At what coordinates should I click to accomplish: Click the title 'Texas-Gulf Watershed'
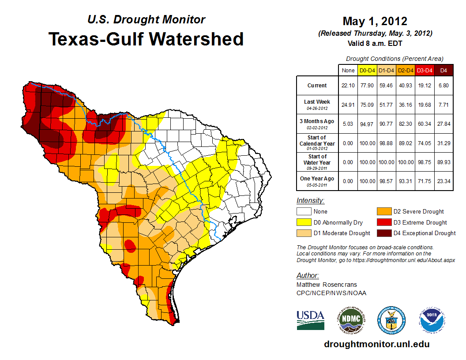tap(146, 39)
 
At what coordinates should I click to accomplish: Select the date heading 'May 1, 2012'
tap(375, 21)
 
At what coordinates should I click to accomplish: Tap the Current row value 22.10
tap(348, 86)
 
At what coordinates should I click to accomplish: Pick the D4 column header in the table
tap(444, 70)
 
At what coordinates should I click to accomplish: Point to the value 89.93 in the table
tap(444, 162)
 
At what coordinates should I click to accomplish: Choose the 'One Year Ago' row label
tap(317, 179)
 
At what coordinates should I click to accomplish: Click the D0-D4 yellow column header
tap(367, 70)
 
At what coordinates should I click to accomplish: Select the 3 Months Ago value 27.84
tap(444, 124)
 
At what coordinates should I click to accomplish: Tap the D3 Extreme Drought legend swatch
tap(383, 222)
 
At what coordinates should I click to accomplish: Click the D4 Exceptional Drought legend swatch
tap(383, 233)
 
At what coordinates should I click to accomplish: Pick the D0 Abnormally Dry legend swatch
tap(304, 222)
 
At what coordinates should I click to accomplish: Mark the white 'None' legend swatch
tap(304, 212)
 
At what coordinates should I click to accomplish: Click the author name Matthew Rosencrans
tap(327, 285)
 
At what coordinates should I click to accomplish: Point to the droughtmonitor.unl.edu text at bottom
tap(376, 344)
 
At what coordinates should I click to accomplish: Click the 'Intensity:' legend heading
tap(310, 201)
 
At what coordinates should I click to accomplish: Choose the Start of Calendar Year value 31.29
tap(444, 143)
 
